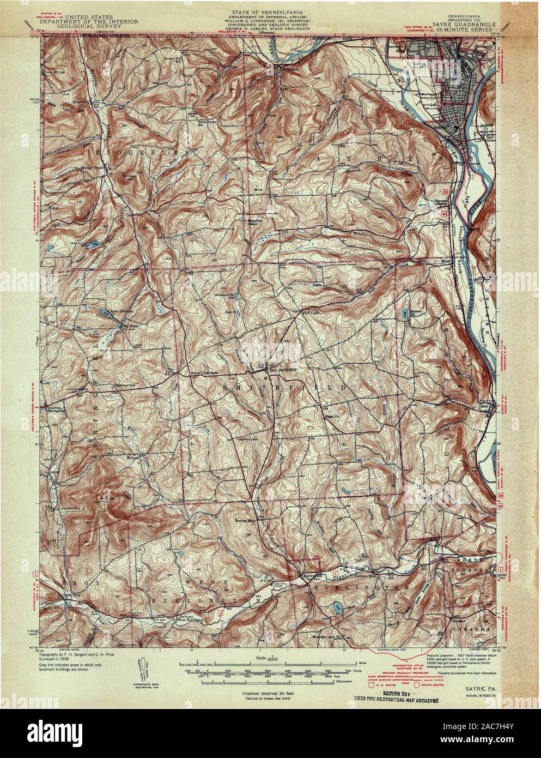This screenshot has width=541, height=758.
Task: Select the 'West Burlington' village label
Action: click(190, 620)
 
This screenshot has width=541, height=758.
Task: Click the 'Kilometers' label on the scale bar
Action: click(366, 682)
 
